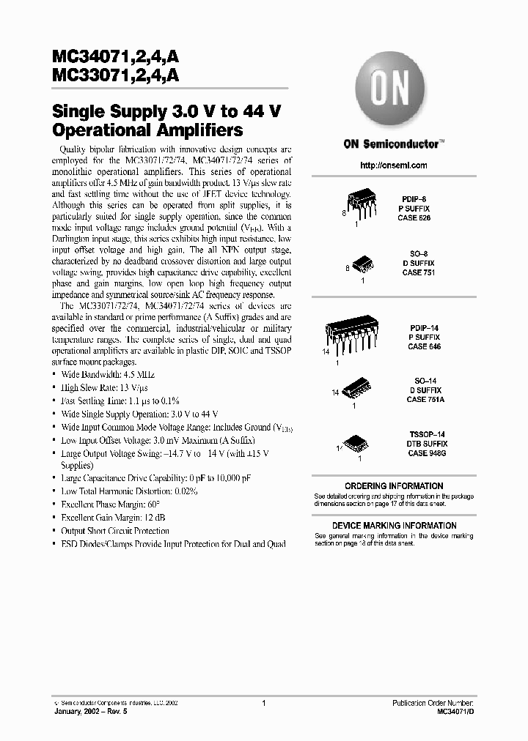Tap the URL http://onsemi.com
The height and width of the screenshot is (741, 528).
point(394,165)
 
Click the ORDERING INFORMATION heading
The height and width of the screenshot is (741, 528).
point(394,486)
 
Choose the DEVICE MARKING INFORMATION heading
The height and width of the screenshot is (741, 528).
point(394,526)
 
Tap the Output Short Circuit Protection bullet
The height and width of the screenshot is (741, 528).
point(114,531)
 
